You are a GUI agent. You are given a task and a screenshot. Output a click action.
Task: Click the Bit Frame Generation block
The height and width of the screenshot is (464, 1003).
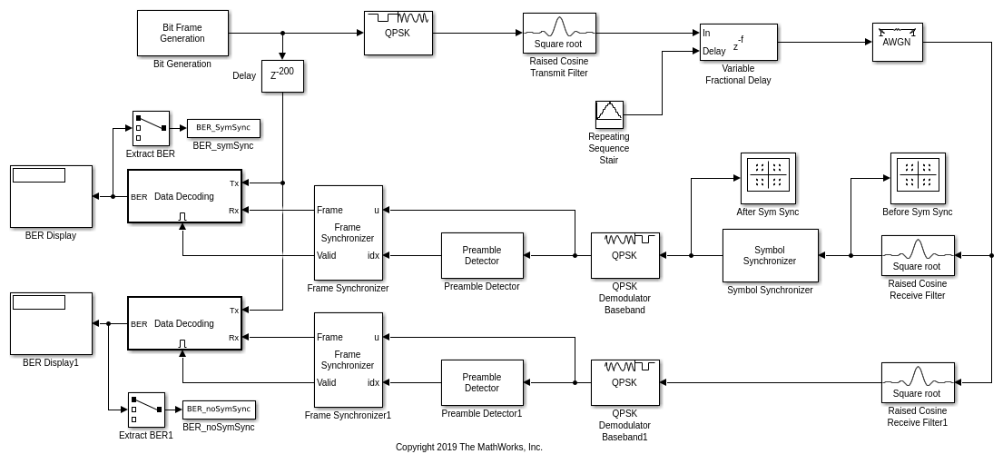point(182,33)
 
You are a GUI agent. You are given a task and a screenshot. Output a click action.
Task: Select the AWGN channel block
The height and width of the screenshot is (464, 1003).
point(897,42)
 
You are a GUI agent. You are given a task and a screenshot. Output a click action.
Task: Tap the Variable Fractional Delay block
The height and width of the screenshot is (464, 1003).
point(738,42)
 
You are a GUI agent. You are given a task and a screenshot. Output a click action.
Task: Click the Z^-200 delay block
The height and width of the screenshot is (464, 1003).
point(282,75)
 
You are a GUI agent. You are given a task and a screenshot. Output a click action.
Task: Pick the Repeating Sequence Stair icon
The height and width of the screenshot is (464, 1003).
point(609,114)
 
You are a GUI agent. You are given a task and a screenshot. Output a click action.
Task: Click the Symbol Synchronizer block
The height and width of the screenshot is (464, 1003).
point(770,255)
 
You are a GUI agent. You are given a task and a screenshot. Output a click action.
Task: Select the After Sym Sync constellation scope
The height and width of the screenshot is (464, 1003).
point(768,178)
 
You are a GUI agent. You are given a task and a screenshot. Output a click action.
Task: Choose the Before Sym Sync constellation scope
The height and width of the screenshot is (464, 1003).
point(918,178)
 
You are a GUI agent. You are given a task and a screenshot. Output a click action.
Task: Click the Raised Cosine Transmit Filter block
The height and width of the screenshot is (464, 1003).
point(559,33)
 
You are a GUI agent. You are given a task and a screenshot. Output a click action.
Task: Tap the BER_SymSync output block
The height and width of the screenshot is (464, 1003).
point(223,128)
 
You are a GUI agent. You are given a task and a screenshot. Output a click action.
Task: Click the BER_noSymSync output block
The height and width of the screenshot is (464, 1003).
point(219,410)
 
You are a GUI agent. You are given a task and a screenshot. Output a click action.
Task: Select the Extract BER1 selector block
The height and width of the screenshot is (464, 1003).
point(146,410)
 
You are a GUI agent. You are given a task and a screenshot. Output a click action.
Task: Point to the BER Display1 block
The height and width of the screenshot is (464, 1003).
point(51,323)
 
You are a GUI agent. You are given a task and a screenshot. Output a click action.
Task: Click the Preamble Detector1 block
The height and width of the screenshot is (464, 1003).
point(482,382)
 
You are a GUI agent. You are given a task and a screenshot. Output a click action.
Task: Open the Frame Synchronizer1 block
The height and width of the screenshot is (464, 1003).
point(348,360)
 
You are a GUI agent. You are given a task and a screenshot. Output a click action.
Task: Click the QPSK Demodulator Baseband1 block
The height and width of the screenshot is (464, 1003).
point(624,382)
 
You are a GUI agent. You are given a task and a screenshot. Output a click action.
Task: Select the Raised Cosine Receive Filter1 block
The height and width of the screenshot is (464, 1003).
point(918,382)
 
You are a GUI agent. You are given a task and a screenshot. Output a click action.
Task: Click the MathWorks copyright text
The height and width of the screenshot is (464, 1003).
point(468,447)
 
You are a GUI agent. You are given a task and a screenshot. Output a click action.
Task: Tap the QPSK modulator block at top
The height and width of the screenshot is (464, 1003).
point(398,33)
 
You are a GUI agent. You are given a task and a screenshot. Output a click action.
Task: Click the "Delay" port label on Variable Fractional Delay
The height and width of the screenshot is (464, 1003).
point(714,52)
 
